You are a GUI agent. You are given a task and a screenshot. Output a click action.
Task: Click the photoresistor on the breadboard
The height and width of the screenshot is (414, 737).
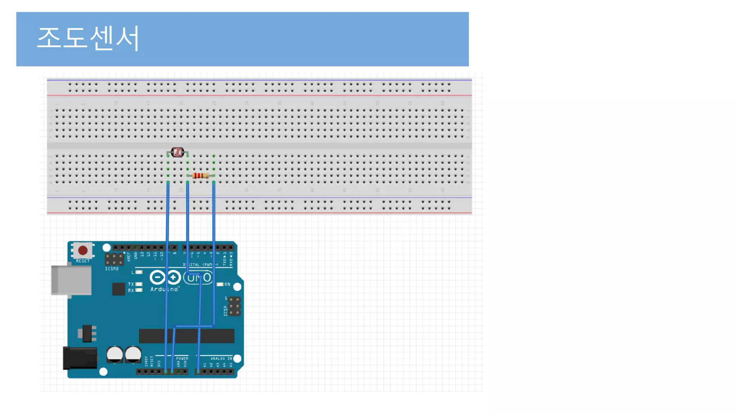coord(177,152)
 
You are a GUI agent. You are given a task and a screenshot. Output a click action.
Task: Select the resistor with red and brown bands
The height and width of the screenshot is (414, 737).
coord(200,176)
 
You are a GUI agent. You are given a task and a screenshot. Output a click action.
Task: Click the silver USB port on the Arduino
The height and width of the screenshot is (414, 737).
coord(71,280)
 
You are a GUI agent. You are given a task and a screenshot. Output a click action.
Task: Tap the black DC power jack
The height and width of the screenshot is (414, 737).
coord(80,358)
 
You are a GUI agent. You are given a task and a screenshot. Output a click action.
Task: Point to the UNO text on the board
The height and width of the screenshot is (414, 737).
coord(199,278)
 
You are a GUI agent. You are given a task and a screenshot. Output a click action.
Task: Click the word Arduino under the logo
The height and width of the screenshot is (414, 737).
coord(164,289)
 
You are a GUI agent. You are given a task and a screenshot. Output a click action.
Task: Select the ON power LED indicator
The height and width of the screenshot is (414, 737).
coord(220,284)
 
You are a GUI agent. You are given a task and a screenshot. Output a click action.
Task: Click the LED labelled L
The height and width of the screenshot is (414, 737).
coord(139,272)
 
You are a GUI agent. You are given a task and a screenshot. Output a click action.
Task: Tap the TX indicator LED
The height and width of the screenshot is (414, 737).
coord(139,284)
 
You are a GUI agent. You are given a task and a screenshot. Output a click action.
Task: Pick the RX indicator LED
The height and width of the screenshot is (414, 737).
coord(139,290)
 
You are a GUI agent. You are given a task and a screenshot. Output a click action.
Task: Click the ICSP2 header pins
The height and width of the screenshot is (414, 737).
coord(114,259)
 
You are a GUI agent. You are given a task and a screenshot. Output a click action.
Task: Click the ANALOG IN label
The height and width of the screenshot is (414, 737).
coord(221,358)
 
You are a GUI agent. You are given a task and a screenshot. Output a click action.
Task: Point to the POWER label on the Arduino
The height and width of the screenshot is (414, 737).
coord(182,358)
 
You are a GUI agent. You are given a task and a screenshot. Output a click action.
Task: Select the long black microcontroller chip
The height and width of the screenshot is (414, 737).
coord(186,336)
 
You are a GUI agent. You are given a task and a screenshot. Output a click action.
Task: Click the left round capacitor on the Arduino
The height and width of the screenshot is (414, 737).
coord(115,355)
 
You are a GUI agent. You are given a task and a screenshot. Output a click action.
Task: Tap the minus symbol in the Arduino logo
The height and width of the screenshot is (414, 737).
coord(157,277)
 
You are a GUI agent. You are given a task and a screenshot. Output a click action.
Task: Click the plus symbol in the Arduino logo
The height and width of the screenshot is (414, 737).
coord(173,277)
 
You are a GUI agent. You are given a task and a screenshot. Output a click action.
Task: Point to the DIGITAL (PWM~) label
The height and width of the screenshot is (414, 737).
coord(200,265)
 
